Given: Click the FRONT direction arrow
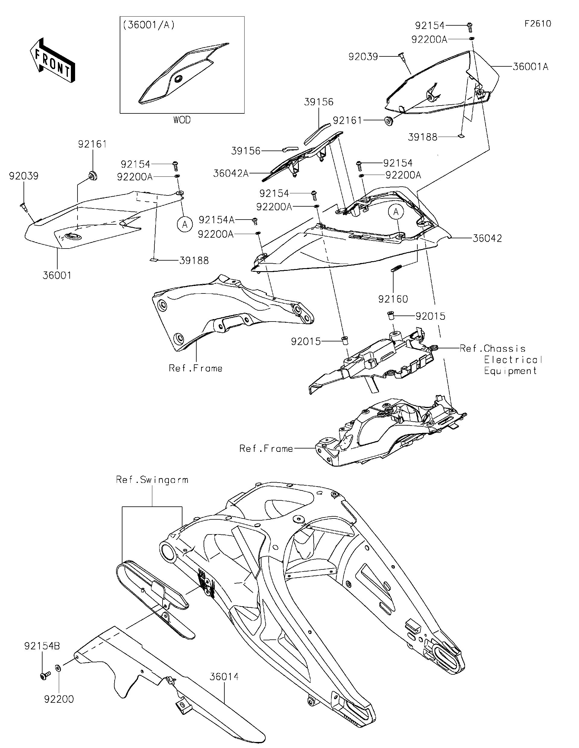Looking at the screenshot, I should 52,60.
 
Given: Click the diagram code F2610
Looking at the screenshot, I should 538,24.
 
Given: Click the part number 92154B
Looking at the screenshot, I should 42,646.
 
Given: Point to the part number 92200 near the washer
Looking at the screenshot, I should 59,699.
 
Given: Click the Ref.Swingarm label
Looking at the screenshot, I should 152,480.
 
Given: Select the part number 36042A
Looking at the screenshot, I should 231,173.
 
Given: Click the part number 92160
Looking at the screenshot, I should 393,299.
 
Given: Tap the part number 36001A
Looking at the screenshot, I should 530,66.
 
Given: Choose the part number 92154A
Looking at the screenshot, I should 217,220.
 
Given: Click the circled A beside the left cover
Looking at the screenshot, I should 185,225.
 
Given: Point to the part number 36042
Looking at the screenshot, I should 487,238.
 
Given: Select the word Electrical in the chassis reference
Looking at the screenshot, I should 513,360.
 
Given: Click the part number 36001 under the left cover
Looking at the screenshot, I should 57,275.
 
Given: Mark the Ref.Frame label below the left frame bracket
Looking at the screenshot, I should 195,368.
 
